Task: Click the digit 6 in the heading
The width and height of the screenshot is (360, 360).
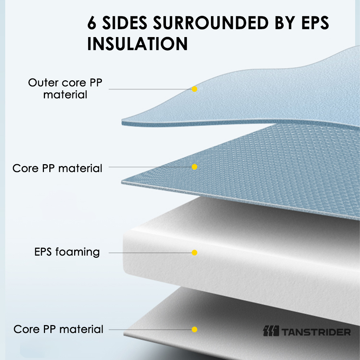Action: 91,23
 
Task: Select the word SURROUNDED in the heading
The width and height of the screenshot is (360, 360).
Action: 211,23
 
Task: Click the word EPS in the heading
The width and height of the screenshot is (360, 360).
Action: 315,23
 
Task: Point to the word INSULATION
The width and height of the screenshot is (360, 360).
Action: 138,44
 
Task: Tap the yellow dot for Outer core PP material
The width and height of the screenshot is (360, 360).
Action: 194,89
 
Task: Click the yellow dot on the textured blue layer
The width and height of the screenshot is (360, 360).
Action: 194,167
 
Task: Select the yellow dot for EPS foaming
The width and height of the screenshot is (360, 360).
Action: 194,253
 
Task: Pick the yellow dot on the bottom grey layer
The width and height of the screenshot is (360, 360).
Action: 194,329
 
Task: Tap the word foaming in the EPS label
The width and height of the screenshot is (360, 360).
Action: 77,252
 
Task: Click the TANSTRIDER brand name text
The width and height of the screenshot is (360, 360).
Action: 316,332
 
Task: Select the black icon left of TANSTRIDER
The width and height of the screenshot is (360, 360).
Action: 271,331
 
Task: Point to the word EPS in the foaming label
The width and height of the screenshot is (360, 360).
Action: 43,252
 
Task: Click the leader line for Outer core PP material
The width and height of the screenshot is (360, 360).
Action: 150,89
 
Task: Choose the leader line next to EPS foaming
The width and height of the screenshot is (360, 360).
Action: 150,253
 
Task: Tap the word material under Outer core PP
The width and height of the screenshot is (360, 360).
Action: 65,95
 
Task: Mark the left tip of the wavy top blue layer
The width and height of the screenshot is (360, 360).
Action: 122,122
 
